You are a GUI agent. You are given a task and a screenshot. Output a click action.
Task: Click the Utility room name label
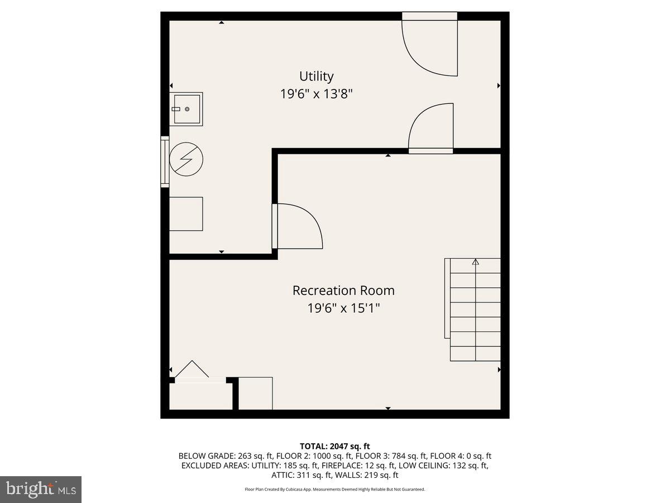pyautogui.click(x=316, y=76)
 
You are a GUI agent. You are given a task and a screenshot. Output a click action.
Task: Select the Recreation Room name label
pyautogui.click(x=343, y=291)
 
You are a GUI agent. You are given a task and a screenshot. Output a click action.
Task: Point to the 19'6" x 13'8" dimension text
pyautogui.click(x=316, y=94)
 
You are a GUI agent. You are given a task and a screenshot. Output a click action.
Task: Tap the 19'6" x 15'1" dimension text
pyautogui.click(x=343, y=308)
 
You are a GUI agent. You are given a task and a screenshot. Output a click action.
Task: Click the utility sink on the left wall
pyautogui.click(x=186, y=108)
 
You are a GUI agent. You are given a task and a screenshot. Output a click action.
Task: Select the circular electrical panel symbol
pyautogui.click(x=186, y=159)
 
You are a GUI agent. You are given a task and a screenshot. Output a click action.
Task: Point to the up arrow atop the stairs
pyautogui.click(x=476, y=262)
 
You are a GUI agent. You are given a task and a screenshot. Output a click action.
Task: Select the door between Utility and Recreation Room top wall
pyautogui.click(x=430, y=130)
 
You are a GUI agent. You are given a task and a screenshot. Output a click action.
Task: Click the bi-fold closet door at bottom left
pyautogui.click(x=193, y=371)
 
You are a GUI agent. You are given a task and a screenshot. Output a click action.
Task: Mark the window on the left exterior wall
pyautogui.click(x=164, y=161)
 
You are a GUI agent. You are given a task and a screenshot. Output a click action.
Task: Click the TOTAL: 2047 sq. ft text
pyautogui.click(x=335, y=446)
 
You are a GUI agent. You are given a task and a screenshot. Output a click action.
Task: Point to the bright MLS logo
pyautogui.click(x=40, y=490)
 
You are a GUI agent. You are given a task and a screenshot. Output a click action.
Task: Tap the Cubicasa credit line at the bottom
pyautogui.click(x=335, y=489)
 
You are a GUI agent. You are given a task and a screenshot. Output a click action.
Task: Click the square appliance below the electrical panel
pyautogui.click(x=186, y=213)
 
